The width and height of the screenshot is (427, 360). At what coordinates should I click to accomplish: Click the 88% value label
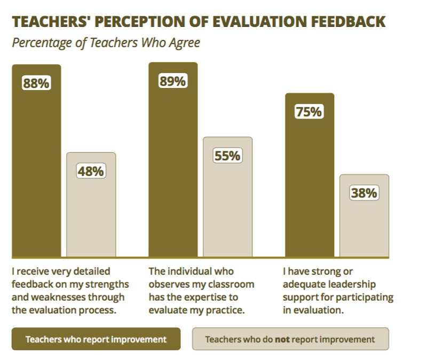[x=36, y=84]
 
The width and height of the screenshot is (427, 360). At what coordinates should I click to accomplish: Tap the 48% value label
[x=90, y=171]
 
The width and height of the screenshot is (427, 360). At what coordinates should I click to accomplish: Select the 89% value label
[x=172, y=81]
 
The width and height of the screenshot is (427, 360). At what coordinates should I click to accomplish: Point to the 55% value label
[x=227, y=156]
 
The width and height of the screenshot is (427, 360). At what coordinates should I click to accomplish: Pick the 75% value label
[x=309, y=112]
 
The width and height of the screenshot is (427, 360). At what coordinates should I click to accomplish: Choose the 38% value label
[x=364, y=193]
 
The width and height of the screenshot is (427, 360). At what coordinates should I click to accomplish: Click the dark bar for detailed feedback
[x=36, y=171]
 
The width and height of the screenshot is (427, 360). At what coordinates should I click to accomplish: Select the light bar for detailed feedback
[x=91, y=214]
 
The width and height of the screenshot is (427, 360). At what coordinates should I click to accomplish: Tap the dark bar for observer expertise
[x=173, y=171]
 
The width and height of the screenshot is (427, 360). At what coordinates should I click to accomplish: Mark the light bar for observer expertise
[x=227, y=208]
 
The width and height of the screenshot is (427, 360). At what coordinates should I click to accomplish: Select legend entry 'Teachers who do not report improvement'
[x=290, y=339]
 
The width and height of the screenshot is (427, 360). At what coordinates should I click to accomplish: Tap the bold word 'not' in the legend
[x=282, y=339]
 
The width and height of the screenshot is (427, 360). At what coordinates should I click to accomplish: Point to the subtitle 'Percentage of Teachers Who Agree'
[x=106, y=43]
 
